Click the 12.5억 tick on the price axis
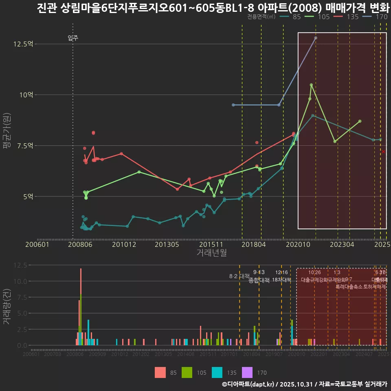23,44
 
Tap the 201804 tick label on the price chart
254,244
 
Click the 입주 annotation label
73,38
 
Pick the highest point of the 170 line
316,38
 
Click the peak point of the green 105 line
311,85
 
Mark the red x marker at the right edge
383,152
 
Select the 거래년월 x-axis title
212,253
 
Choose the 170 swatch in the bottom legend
248,372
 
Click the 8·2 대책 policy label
239,277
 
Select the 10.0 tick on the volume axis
21,281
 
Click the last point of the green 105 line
360,121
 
